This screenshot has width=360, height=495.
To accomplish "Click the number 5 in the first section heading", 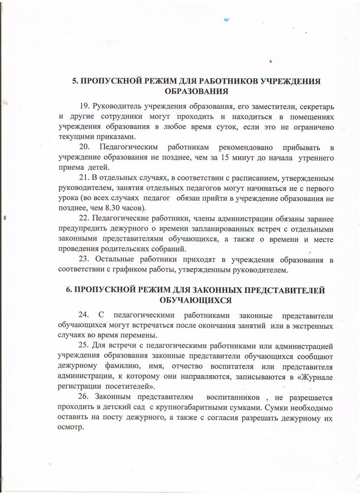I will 75,81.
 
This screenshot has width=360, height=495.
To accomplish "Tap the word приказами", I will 112,137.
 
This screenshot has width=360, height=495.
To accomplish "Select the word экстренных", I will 312,327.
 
